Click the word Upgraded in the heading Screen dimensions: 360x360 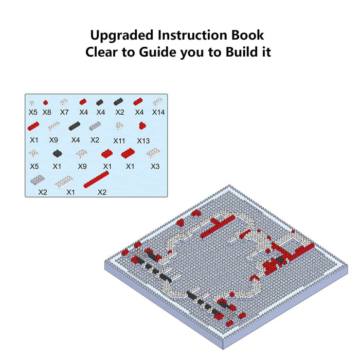tap(122, 36)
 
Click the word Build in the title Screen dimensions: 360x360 tap(242, 52)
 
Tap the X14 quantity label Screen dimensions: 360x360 tap(158, 112)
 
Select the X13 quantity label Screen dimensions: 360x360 tap(143, 141)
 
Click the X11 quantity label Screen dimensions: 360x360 tap(119, 141)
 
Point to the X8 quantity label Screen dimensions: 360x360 tap(47, 112)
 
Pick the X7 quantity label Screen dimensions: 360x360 tap(64, 112)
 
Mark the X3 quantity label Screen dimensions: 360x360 tap(155, 166)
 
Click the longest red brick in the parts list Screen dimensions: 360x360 tap(96, 179)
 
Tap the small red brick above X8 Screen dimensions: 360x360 tap(45, 102)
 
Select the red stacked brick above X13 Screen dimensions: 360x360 tap(142, 125)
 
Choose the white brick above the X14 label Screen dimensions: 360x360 tap(157, 101)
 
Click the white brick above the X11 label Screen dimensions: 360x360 tap(119, 125)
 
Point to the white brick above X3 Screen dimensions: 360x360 tap(153, 153)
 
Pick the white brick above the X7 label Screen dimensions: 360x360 tap(64, 102)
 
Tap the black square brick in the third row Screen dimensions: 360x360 tap(58, 153)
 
